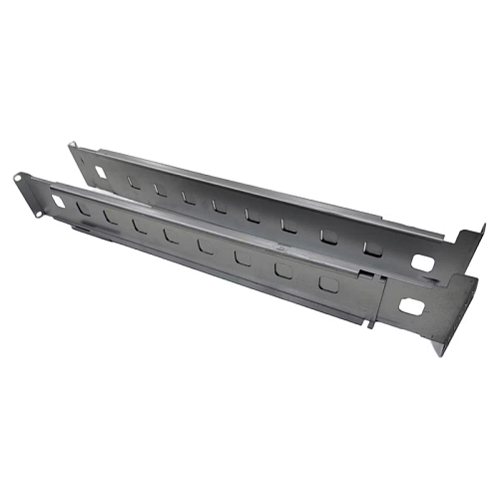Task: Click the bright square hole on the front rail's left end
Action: [57, 201]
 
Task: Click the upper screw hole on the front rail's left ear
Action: [19, 180]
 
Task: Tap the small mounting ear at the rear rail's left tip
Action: [72, 150]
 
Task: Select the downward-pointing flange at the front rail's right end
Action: [439, 344]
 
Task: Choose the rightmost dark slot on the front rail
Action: [326, 283]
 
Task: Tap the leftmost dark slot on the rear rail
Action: [134, 182]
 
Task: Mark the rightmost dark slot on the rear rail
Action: [371, 247]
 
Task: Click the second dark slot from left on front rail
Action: [110, 217]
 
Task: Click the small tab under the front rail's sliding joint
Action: [369, 321]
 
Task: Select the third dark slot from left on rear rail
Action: [188, 197]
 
